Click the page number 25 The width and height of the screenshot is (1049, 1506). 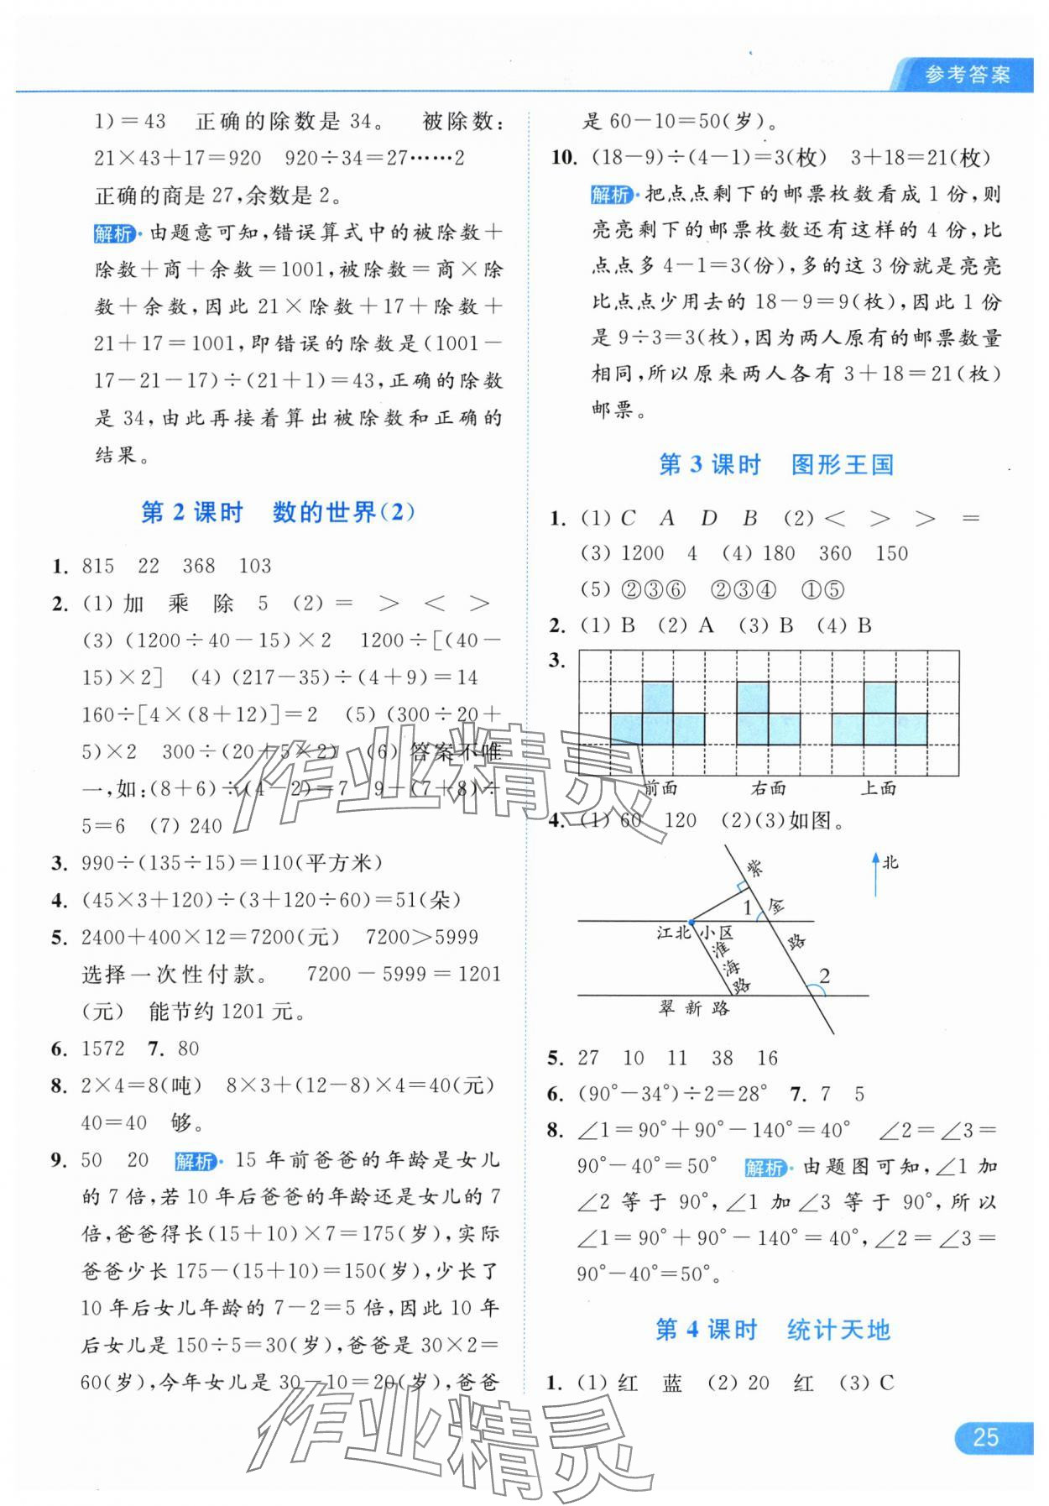tap(985, 1437)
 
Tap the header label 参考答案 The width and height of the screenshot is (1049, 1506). tap(967, 76)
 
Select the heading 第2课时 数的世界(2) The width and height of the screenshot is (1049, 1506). tap(278, 512)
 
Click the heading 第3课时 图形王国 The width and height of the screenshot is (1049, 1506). tap(775, 464)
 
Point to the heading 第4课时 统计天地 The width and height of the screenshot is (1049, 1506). tap(772, 1330)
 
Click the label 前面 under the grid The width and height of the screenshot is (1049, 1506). tap(661, 787)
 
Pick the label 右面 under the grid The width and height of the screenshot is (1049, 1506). tap(768, 787)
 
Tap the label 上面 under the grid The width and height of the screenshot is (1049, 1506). tap(879, 787)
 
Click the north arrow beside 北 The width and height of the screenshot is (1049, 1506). tap(875, 874)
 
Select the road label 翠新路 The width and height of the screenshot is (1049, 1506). tap(694, 1008)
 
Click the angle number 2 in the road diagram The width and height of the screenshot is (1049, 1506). tap(824, 975)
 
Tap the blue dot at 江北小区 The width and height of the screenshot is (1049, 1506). tap(690, 921)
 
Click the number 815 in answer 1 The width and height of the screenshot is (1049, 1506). tap(98, 566)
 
